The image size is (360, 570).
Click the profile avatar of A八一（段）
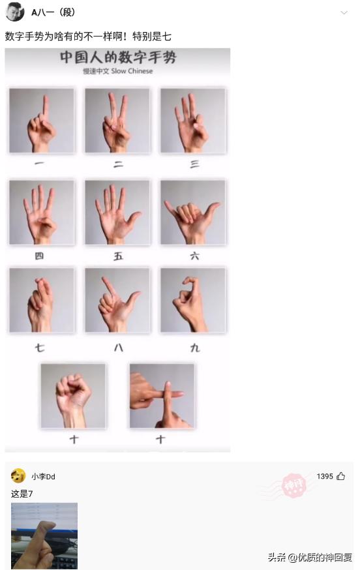click(x=15, y=12)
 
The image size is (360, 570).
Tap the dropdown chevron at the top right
click(x=344, y=13)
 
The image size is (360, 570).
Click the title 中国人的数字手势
click(x=118, y=58)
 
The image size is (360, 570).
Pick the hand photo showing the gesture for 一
click(x=42, y=121)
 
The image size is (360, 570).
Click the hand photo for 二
click(x=117, y=121)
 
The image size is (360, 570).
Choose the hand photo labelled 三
click(x=193, y=121)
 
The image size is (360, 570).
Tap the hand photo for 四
click(x=42, y=212)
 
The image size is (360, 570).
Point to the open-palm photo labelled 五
click(x=117, y=212)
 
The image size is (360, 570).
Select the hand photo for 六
click(x=193, y=212)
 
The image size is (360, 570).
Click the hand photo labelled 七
click(x=42, y=301)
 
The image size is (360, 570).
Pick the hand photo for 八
click(x=117, y=301)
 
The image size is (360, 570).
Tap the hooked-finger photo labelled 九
click(x=193, y=301)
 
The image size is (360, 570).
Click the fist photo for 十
click(x=73, y=395)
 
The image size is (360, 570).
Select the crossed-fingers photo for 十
click(x=162, y=395)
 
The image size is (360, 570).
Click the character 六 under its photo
click(x=194, y=256)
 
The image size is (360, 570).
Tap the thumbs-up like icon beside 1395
click(x=341, y=477)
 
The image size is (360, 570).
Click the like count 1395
click(x=325, y=477)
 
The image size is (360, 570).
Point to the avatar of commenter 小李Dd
click(x=18, y=476)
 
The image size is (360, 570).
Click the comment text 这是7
click(x=22, y=494)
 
